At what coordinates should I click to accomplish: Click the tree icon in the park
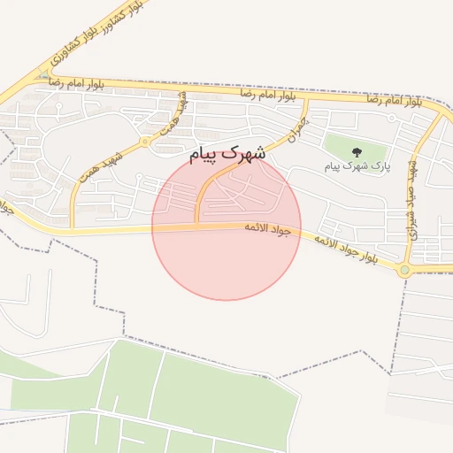pos(357,153)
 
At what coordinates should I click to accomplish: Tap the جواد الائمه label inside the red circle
pos(268,229)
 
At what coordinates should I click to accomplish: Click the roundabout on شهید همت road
pos(144,141)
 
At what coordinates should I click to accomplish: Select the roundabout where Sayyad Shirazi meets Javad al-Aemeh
pos(405,270)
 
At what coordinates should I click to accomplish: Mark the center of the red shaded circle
pos(226,226)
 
